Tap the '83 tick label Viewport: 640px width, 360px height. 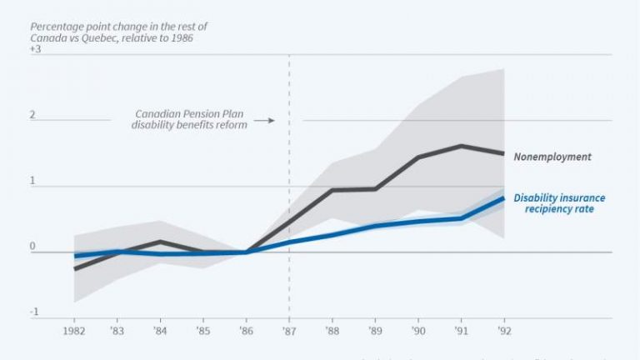point(117,330)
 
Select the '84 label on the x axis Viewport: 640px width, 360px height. point(160,330)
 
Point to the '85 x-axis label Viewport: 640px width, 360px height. point(202,330)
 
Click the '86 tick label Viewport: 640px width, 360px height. point(246,330)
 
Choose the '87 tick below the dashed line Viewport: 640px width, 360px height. point(288,330)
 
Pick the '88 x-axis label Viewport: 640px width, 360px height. point(332,330)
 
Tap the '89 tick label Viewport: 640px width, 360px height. point(374,330)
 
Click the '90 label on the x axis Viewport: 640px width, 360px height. point(417,330)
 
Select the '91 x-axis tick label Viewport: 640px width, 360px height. point(460,330)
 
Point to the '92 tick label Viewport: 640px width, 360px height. point(502,330)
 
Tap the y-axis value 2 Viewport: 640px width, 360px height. point(33,115)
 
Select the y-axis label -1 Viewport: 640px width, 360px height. point(35,312)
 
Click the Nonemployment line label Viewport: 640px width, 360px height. point(552,156)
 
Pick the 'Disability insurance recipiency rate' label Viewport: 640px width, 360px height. point(559,204)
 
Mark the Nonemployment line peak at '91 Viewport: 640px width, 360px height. point(460,146)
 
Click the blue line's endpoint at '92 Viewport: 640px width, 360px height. point(502,197)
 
